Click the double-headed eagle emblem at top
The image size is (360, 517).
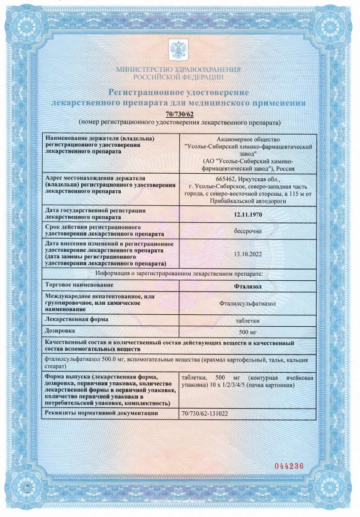pyautogui.click(x=179, y=50)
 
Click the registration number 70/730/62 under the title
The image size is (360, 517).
pyautogui.click(x=179, y=113)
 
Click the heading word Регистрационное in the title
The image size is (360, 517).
pyautogui.click(x=149, y=92)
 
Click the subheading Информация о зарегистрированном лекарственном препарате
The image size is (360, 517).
pyautogui.click(x=179, y=274)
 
